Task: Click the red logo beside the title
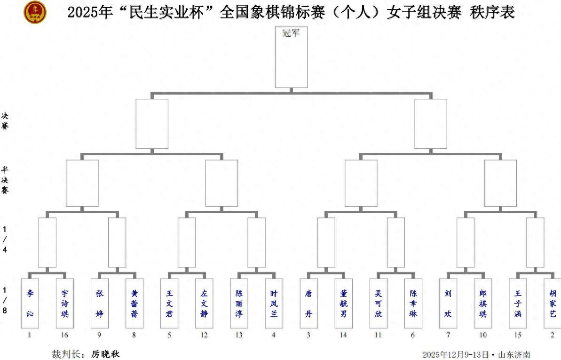[x=35, y=12]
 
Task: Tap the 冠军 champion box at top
[x=291, y=57]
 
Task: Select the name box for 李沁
[x=30, y=303]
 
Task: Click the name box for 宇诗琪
[x=65, y=303]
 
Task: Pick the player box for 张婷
[x=100, y=303]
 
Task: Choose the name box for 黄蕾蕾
[x=134, y=303]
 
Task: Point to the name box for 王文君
[x=169, y=303]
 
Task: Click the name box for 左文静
[x=204, y=303]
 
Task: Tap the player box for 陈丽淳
[x=239, y=303]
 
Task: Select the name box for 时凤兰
[x=274, y=303]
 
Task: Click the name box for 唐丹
[x=309, y=303]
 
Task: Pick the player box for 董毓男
[x=344, y=303]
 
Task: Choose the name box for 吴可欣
[x=379, y=303]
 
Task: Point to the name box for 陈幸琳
[x=413, y=303]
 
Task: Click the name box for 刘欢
[x=448, y=303]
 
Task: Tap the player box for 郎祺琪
[x=483, y=303]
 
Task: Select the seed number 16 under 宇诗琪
[x=65, y=335]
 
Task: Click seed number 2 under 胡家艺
[x=553, y=335]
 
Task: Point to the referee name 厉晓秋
[x=106, y=354]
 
